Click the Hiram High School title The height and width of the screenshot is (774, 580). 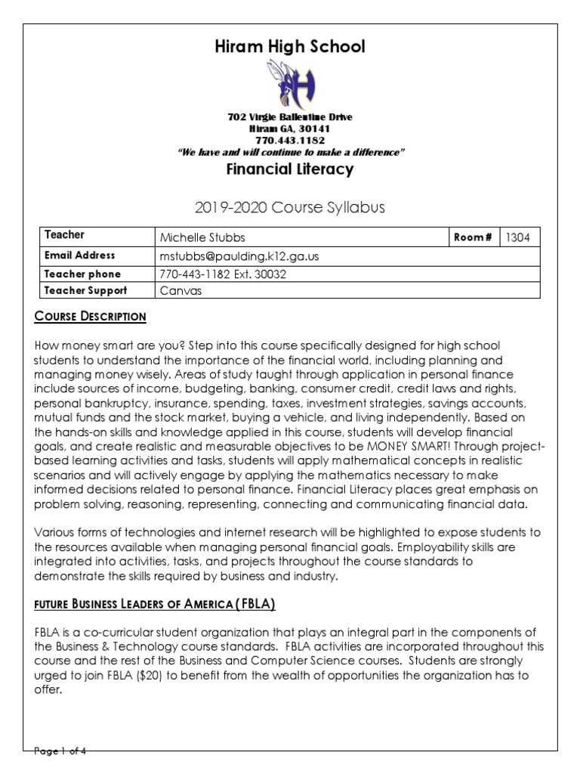(290, 47)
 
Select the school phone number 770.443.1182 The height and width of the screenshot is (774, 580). (289, 141)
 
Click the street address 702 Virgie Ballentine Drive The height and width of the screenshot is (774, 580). (289, 117)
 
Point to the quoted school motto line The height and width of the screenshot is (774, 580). (290, 152)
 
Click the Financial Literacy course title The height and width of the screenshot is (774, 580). (290, 169)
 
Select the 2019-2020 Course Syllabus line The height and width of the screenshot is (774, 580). (290, 207)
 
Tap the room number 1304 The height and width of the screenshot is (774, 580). (517, 237)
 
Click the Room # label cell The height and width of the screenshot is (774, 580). (474, 237)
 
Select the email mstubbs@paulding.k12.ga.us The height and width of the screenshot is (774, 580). (239, 256)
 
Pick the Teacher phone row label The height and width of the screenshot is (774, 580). (82, 274)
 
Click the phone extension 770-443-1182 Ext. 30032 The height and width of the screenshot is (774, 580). (223, 274)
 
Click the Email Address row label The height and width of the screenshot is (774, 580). (80, 255)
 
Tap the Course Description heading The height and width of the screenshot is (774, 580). (91, 316)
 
